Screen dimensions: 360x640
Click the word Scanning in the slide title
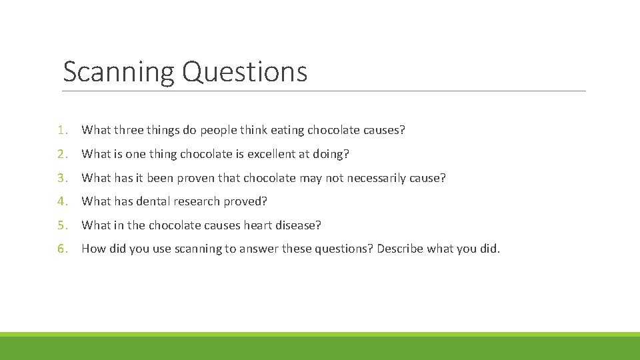[119, 72]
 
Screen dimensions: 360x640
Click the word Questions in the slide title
[244, 72]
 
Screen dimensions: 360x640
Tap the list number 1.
[61, 130]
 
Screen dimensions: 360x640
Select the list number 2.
[61, 154]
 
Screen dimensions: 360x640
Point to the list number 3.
[61, 178]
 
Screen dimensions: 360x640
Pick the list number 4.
[61, 201]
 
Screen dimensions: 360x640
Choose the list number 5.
[61, 225]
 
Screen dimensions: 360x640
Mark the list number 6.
[61, 249]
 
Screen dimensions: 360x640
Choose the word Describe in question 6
[401, 249]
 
